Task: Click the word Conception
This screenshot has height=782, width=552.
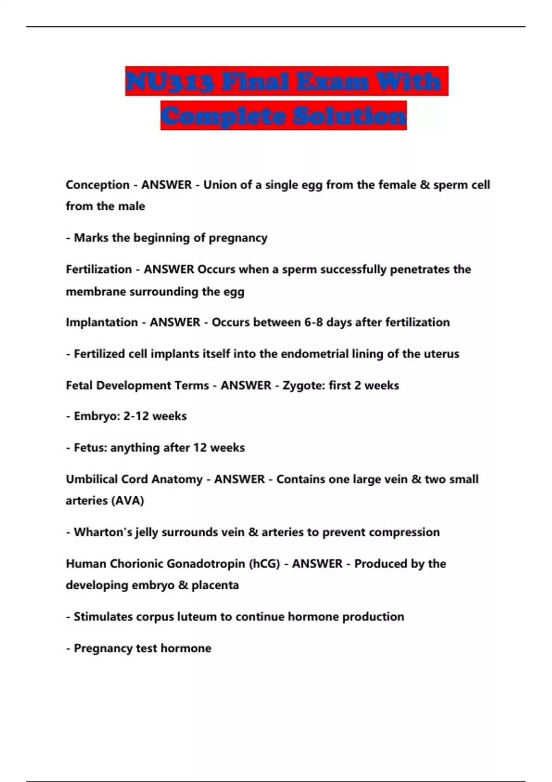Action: [98, 185]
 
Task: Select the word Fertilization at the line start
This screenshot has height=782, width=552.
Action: [98, 270]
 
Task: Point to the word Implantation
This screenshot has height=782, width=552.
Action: [102, 322]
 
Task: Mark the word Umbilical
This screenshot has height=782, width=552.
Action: [92, 479]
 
